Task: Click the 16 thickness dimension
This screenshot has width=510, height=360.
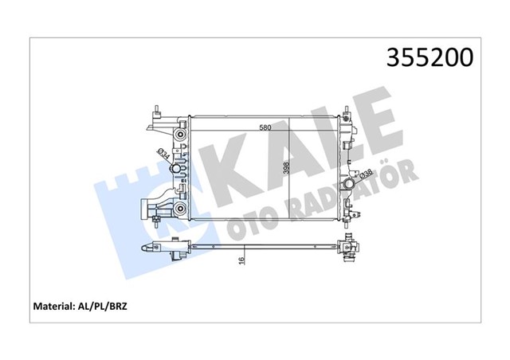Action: [240, 258]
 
